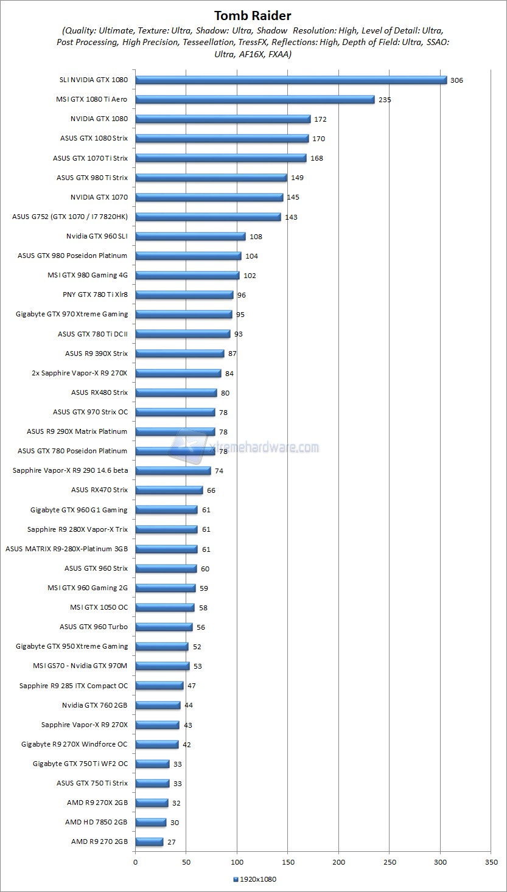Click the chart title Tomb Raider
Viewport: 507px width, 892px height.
pos(253,15)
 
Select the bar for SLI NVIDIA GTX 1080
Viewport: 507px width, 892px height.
pos(291,80)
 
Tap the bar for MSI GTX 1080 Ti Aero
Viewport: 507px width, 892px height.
pos(254,99)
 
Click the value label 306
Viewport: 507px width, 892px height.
pos(456,80)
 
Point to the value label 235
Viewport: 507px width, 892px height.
pos(384,100)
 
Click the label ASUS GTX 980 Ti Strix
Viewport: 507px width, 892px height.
pos(92,178)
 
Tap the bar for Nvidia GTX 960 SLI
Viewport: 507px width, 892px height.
pos(190,236)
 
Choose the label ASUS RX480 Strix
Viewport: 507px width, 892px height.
pos(99,392)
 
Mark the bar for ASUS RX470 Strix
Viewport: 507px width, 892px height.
pos(169,490)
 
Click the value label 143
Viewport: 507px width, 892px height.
pos(291,217)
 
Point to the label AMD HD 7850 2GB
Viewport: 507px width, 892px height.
pos(96,822)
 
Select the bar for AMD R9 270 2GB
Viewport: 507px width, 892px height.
pos(149,841)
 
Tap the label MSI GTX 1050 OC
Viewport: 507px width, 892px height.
pos(99,607)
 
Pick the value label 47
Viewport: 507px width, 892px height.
pos(191,686)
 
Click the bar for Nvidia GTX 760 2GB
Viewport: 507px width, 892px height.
pos(158,705)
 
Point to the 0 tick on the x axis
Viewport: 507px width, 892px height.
pos(135,862)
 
